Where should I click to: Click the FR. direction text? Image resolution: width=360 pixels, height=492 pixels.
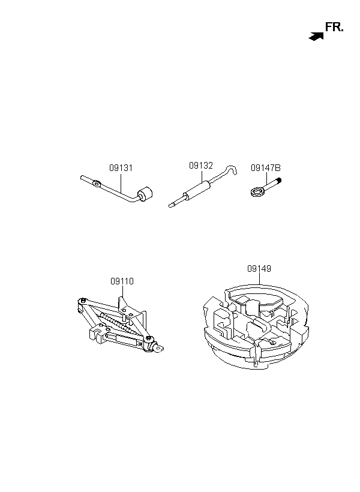pyautogui.click(x=334, y=28)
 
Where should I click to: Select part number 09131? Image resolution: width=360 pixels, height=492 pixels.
pyautogui.click(x=121, y=168)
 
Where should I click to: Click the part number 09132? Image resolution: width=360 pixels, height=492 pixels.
pyautogui.click(x=201, y=165)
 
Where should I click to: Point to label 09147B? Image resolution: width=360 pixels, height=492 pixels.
pyautogui.click(x=266, y=168)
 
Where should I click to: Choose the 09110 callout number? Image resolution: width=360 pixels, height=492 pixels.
pyautogui.click(x=122, y=281)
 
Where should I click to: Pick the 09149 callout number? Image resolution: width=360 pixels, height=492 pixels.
pyautogui.click(x=259, y=269)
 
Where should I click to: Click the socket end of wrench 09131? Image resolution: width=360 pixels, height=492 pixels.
pyautogui.click(x=145, y=196)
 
